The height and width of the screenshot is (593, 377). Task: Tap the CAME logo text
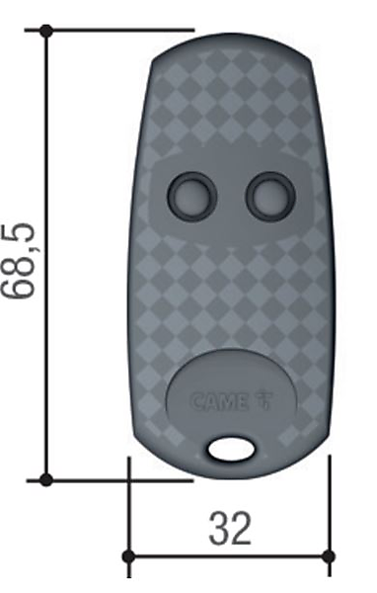(219, 402)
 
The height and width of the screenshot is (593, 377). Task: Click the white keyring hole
(231, 450)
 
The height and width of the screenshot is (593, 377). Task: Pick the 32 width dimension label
(230, 529)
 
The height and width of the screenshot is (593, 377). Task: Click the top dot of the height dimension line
(46, 30)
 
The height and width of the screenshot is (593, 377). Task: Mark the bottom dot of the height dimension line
(46, 479)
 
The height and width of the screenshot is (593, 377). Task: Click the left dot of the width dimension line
(129, 556)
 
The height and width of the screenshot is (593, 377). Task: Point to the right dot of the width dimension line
(330, 556)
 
